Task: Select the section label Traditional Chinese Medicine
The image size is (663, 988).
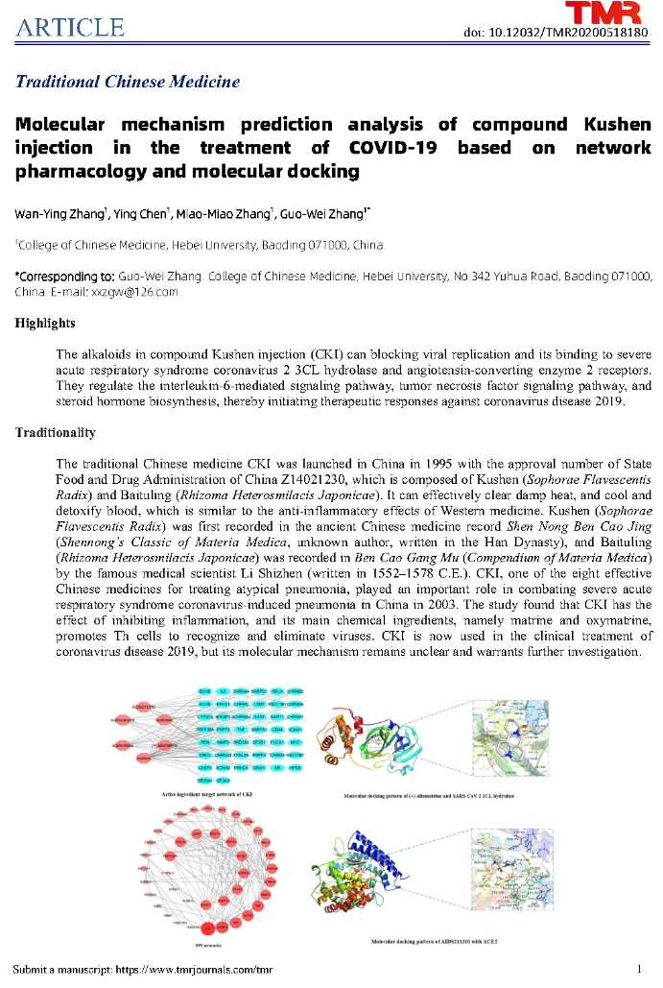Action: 128,82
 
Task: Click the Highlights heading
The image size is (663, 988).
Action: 44,323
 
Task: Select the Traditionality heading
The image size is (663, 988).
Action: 55,433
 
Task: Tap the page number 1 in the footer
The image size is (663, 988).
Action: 640,968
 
